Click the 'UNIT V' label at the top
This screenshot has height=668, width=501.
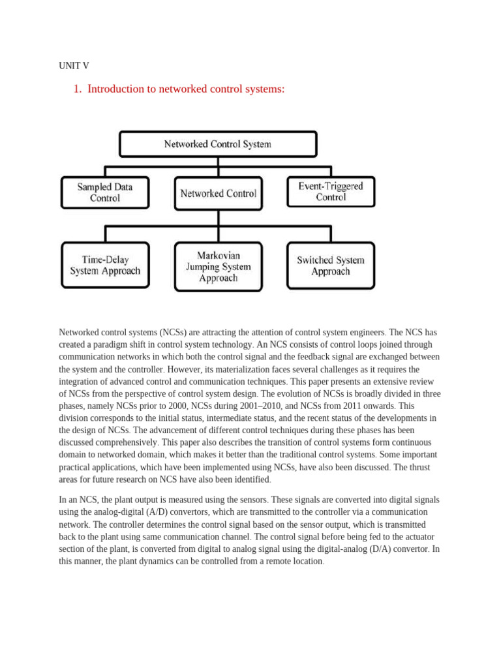click(74, 66)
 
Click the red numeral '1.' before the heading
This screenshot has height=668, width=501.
click(78, 89)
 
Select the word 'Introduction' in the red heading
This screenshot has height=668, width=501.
click(116, 89)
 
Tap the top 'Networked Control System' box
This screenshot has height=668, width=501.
click(217, 144)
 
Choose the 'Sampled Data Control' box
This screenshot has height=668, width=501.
click(105, 192)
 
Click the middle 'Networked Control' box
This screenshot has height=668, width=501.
click(218, 193)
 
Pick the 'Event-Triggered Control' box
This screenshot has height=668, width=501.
click(331, 192)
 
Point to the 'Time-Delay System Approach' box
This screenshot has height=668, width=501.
click(105, 265)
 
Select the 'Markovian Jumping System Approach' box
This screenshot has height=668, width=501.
click(218, 266)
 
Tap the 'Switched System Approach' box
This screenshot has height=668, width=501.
click(331, 266)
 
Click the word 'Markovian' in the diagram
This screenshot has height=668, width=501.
click(218, 255)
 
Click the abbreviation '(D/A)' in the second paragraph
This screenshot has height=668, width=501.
click(383, 549)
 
